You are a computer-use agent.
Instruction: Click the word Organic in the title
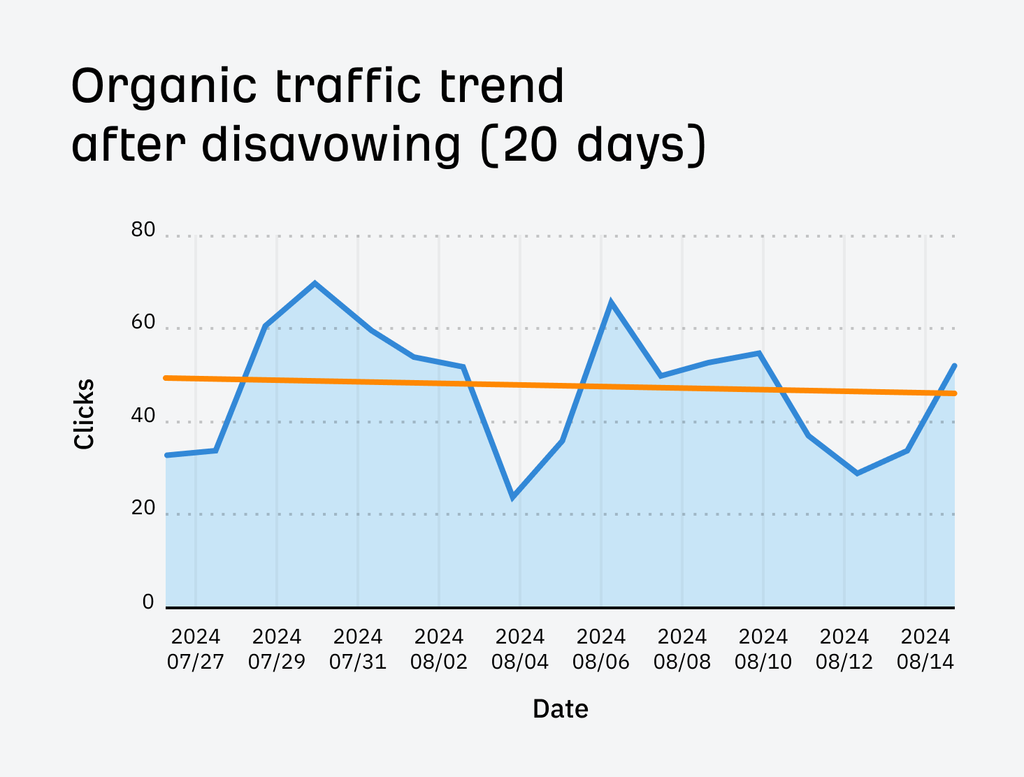pyautogui.click(x=165, y=87)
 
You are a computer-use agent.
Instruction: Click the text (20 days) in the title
pyautogui.click(x=594, y=145)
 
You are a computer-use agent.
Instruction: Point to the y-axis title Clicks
pyautogui.click(x=84, y=414)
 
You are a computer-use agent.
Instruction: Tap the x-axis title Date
pyautogui.click(x=561, y=709)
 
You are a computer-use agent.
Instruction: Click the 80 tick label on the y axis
pyautogui.click(x=143, y=230)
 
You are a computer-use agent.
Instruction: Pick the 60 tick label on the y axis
pyautogui.click(x=143, y=322)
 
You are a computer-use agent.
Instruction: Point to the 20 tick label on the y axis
pyautogui.click(x=143, y=508)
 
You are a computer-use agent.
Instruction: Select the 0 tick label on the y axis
pyautogui.click(x=148, y=602)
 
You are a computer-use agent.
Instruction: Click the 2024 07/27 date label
pyautogui.click(x=196, y=649)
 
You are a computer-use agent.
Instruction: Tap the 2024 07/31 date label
pyautogui.click(x=358, y=649)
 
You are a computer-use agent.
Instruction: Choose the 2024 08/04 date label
pyautogui.click(x=520, y=649)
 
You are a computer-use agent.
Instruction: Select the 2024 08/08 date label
pyautogui.click(x=682, y=649)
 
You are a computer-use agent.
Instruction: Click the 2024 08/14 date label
pyautogui.click(x=925, y=649)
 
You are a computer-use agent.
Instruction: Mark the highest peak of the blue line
pyautogui.click(x=315, y=283)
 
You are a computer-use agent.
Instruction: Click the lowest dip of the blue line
pyautogui.click(x=513, y=498)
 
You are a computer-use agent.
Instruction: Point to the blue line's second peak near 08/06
pyautogui.click(x=611, y=302)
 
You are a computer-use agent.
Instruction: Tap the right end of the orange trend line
pyautogui.click(x=953, y=393)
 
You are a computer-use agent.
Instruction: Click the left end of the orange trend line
pyautogui.click(x=166, y=378)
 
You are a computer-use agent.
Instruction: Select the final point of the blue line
pyautogui.click(x=954, y=365)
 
